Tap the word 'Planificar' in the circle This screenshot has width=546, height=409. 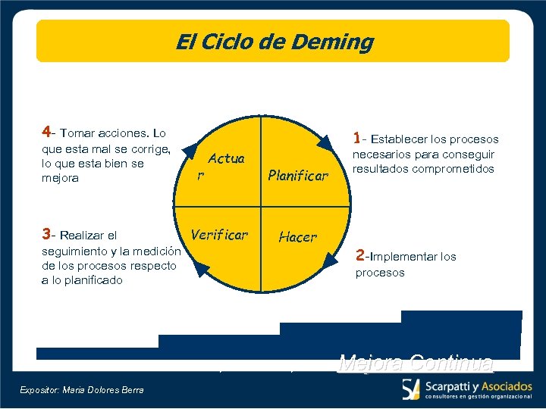298,176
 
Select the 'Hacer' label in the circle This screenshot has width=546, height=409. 297,237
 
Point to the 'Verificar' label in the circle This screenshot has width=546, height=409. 219,235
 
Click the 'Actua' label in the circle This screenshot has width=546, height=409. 226,158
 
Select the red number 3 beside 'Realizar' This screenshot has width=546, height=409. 46,234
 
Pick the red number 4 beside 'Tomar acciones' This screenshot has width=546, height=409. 47,132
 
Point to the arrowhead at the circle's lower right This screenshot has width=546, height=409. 331,261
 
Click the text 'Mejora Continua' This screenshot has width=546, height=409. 416,362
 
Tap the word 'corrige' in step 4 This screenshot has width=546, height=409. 150,148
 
